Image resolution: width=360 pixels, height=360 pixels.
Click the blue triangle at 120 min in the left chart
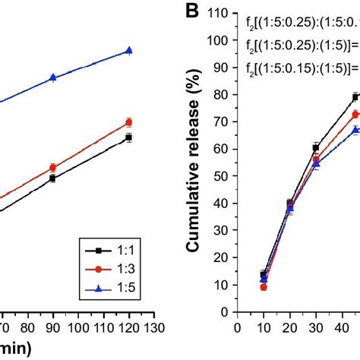(128, 51)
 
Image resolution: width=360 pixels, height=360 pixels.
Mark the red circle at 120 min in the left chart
(128, 122)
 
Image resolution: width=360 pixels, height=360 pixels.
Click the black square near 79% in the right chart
(355, 97)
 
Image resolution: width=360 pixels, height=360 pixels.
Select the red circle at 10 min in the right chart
(264, 287)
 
